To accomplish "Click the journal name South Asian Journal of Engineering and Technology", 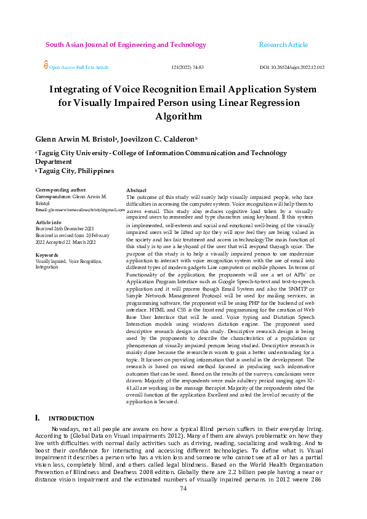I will point(126,45).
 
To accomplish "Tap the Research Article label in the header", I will point(283,45).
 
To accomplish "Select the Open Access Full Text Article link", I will point(79,67).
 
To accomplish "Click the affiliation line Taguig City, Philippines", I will point(76,171).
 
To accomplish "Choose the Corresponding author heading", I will point(61,190).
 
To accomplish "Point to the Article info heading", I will point(49,222).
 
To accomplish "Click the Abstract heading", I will point(136,191).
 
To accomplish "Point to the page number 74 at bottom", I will point(183,505).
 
